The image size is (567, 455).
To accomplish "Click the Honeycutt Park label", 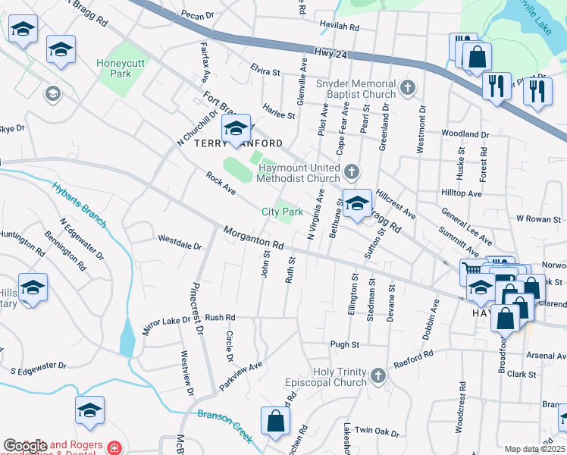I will (x=114, y=68).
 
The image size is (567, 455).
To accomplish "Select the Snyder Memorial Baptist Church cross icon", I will (x=408, y=88).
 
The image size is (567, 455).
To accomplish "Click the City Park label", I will (x=282, y=212).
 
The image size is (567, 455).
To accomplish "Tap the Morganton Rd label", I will (x=253, y=238).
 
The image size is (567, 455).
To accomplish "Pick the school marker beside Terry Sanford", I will (x=236, y=130).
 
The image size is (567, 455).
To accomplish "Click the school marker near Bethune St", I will (x=357, y=203).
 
